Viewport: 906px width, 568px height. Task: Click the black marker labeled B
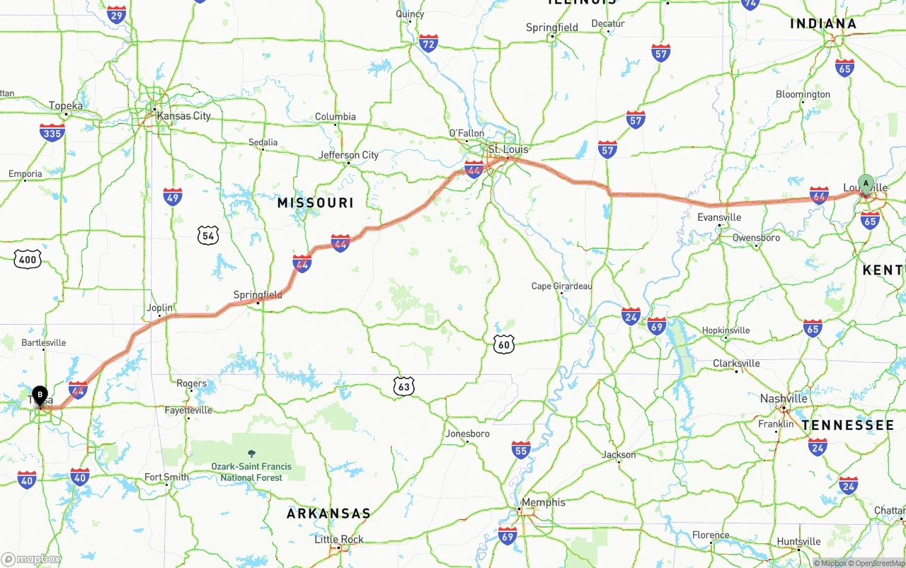coord(40,395)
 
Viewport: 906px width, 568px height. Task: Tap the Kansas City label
coord(183,116)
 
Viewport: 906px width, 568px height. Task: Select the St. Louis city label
coord(508,150)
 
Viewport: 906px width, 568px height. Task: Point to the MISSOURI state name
coord(315,203)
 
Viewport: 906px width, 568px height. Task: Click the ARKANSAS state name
coord(328,514)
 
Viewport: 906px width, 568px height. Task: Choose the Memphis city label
coord(543,502)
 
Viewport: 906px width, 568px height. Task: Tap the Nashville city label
coord(784,398)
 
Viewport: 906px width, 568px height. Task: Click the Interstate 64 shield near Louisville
coord(819,195)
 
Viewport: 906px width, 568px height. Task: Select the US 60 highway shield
coord(503,344)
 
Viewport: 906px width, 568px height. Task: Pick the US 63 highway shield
coord(403,386)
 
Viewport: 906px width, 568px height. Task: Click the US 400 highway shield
coord(27,260)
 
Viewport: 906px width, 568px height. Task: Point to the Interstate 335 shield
coord(52,132)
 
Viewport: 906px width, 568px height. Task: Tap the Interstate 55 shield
coord(521,450)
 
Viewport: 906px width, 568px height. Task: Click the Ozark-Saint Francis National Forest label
coord(251,472)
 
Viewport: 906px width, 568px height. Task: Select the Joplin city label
coord(159,308)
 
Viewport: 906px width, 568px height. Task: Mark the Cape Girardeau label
coord(561,286)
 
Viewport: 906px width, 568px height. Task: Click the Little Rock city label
coord(339,539)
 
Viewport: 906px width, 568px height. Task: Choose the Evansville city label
coord(719,217)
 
